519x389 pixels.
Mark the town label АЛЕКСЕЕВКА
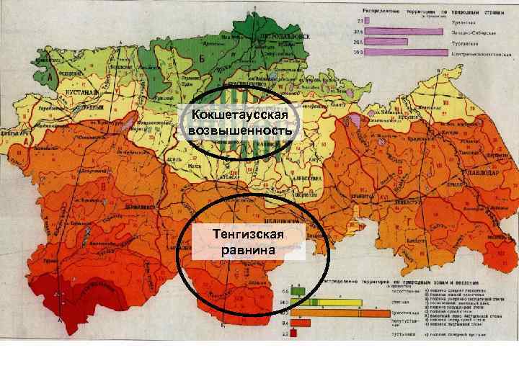[302, 177]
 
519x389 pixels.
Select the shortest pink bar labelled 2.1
[369, 22]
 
